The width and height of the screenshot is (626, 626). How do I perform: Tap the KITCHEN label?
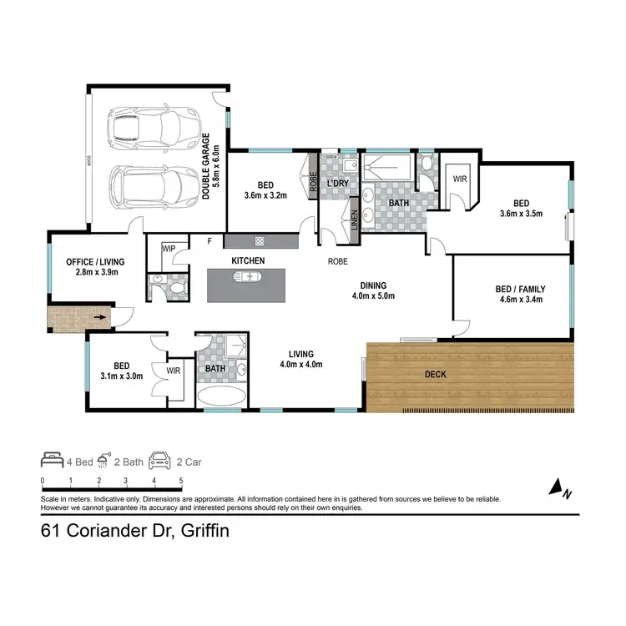248,261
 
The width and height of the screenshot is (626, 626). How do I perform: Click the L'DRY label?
338,183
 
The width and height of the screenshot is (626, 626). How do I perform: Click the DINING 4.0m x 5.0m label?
372,290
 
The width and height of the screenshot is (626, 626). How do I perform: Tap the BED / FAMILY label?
519,294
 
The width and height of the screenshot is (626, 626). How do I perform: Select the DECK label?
436,375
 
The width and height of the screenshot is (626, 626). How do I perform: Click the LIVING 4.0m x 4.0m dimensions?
300,364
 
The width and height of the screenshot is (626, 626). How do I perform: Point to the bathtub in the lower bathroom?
221,396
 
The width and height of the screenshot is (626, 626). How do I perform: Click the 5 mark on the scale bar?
181,481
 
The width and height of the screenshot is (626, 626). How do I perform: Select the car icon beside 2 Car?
159,460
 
